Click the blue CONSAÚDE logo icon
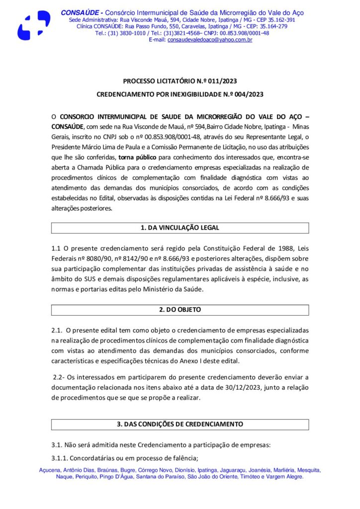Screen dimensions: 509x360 pos(33,25)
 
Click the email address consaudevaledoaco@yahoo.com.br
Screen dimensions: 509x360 pos(210,40)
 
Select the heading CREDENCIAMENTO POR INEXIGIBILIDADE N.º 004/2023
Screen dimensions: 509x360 pos(180,93)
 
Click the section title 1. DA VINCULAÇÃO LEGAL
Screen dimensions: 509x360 pos(180,228)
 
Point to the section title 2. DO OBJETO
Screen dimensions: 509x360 pos(180,310)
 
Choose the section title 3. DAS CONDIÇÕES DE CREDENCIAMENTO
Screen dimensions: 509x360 pos(180,424)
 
